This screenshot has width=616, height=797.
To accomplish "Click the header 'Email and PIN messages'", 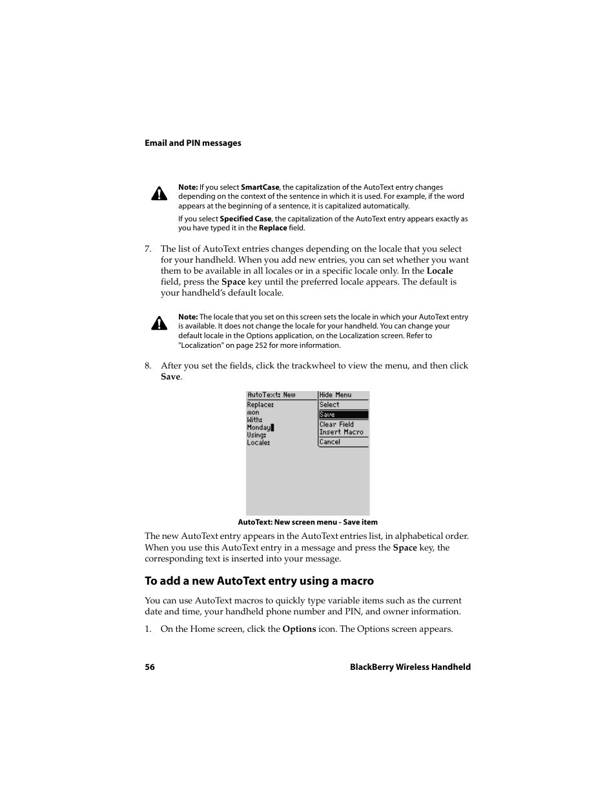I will pyautogui.click(x=192, y=143).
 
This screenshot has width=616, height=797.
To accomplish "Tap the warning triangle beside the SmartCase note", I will pyautogui.click(x=159, y=194).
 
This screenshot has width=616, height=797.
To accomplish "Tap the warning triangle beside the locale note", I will pyautogui.click(x=159, y=323).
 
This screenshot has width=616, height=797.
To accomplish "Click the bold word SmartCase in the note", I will pyautogui.click(x=260, y=187).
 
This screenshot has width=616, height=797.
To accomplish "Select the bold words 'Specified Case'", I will pyautogui.click(x=245, y=219).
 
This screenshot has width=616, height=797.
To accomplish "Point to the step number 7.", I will pyautogui.click(x=148, y=249).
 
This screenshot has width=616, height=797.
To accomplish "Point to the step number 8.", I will pyautogui.click(x=148, y=366).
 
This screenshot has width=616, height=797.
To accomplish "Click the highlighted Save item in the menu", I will pyautogui.click(x=343, y=415).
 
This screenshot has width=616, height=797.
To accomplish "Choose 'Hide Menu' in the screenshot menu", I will pyautogui.click(x=335, y=395).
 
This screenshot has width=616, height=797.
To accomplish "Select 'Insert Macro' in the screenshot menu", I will pyautogui.click(x=341, y=432).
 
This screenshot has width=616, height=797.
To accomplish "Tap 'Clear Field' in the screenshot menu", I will pyautogui.click(x=336, y=425).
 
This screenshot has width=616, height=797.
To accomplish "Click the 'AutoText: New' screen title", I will pyautogui.click(x=271, y=395).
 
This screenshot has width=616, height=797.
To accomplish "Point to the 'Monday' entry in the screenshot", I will pyautogui.click(x=259, y=427).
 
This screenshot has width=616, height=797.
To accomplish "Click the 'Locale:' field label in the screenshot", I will pyautogui.click(x=258, y=443).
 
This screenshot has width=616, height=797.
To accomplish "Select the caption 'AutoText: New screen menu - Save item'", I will pyautogui.click(x=307, y=522).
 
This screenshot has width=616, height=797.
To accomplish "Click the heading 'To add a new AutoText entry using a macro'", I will pyautogui.click(x=259, y=581).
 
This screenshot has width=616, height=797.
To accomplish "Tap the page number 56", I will pyautogui.click(x=150, y=667).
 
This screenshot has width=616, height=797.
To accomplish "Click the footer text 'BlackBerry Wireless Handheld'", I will pyautogui.click(x=410, y=667).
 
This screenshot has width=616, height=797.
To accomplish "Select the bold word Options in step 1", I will pyautogui.click(x=299, y=629).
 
